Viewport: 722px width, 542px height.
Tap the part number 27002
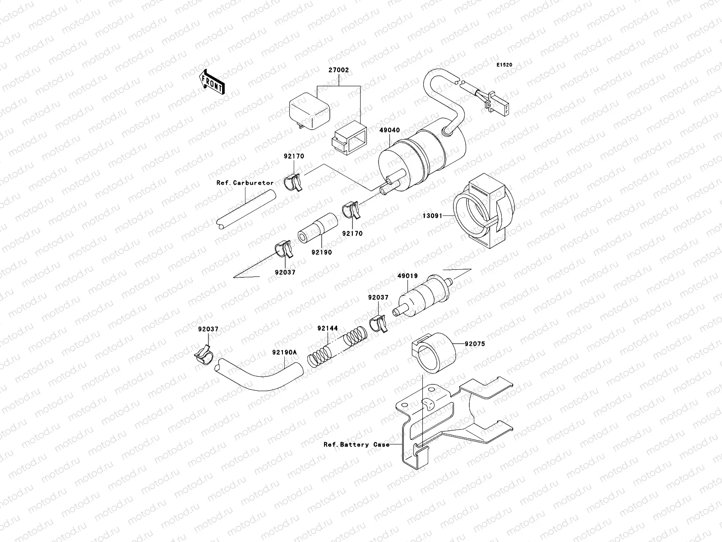coord(338,70)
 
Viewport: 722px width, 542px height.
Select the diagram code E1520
coord(505,65)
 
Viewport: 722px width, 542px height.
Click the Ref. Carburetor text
coord(245,183)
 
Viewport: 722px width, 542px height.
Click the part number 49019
coord(407,276)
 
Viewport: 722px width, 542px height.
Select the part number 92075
coord(476,343)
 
